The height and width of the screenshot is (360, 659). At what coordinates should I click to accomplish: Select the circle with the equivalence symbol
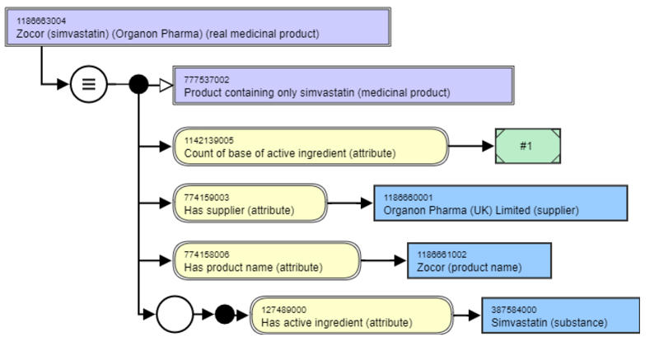88,84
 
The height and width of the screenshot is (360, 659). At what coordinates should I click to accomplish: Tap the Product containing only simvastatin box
342,86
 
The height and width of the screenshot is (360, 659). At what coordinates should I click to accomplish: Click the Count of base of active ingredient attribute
311,146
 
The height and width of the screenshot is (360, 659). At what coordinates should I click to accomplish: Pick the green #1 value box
527,146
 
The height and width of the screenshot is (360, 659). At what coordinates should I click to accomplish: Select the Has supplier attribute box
250,203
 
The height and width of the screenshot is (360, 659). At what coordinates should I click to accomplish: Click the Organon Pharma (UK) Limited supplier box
481,203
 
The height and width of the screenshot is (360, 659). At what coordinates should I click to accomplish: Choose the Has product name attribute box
267,260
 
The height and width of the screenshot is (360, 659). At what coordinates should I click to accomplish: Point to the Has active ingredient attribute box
351,316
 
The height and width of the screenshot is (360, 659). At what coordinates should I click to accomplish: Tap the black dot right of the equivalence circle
139,84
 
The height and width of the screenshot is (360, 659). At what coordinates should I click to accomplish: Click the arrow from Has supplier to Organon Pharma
350,203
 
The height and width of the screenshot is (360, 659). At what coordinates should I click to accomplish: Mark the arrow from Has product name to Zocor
384,260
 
